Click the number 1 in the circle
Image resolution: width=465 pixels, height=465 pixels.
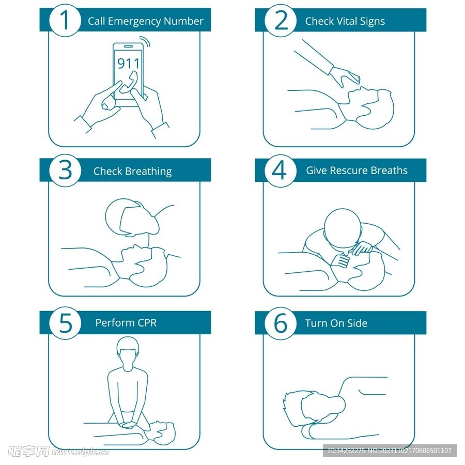[x=65, y=20]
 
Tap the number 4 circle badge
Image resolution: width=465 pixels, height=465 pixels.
[x=280, y=171]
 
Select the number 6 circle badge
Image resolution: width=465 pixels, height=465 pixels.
[x=280, y=323]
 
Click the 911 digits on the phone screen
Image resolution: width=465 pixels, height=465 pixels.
[x=128, y=64]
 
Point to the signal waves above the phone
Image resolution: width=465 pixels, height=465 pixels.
[x=146, y=41]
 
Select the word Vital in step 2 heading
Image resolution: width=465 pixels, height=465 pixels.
[x=346, y=21]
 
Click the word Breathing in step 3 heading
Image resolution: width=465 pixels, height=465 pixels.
[x=148, y=172]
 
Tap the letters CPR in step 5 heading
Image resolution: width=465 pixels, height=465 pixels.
[x=145, y=322]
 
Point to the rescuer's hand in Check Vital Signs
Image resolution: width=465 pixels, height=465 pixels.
[x=346, y=76]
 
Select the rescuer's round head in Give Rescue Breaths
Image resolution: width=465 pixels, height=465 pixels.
[x=343, y=227]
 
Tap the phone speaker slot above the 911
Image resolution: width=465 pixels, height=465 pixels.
[x=128, y=47]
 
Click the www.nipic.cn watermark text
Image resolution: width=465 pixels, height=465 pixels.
[x=81, y=452]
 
